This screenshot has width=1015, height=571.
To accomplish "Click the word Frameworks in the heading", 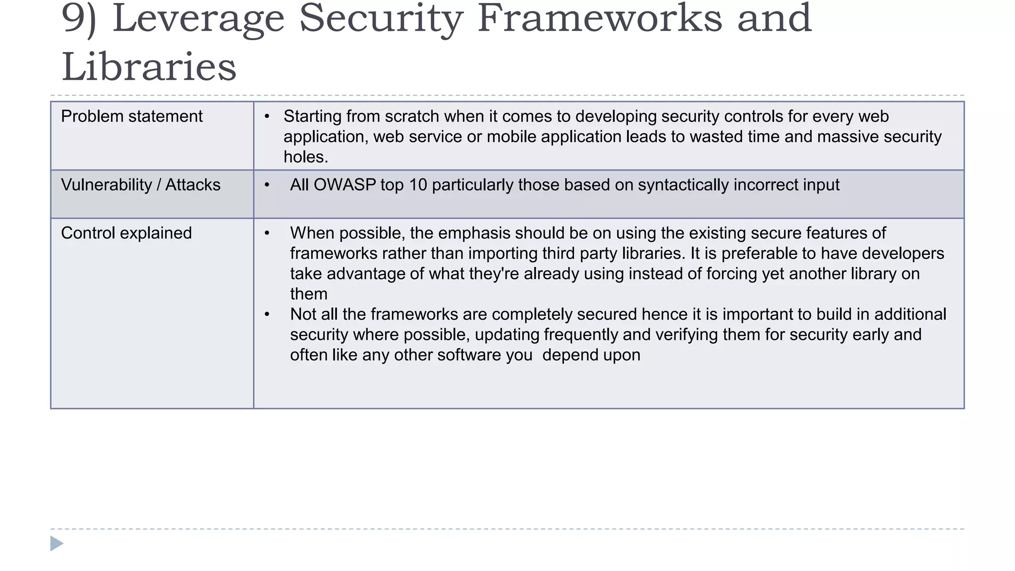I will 599,19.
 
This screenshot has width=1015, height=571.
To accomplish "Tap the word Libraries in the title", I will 149,67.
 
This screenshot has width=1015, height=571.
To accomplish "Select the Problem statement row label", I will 131,116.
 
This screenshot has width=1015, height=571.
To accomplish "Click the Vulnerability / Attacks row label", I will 140,185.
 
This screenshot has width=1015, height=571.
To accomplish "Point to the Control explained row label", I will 126,233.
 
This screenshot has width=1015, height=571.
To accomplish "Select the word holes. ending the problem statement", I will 306,157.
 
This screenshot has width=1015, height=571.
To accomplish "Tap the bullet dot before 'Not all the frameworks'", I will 267,314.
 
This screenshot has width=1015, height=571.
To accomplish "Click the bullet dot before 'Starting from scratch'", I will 267,116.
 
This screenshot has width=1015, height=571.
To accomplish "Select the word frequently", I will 580,335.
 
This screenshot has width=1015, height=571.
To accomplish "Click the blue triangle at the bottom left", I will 56,543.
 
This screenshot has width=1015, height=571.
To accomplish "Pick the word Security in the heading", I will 381,19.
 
